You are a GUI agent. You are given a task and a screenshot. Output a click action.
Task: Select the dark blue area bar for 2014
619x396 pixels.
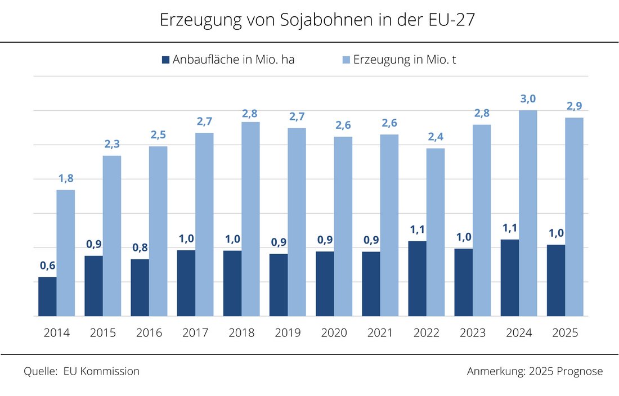click(47, 296)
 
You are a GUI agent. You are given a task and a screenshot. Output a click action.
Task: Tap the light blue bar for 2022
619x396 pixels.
click(436, 232)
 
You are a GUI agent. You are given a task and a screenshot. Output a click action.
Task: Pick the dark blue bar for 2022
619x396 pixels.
click(417, 278)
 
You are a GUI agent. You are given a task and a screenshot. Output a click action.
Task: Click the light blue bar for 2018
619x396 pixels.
click(250, 219)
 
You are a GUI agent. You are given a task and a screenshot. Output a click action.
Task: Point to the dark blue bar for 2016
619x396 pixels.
click(140, 287)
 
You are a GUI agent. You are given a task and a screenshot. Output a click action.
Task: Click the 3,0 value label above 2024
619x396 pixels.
click(528, 99)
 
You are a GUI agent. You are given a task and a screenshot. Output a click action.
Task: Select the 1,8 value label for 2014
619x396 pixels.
click(66, 179)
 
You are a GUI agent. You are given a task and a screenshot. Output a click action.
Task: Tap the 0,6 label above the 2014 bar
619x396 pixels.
click(47, 265)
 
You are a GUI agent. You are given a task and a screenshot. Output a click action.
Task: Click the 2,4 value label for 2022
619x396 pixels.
click(436, 137)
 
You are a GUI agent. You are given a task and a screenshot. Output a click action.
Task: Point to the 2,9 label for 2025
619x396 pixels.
click(574, 106)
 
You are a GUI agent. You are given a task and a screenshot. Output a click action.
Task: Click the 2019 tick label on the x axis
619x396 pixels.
click(288, 333)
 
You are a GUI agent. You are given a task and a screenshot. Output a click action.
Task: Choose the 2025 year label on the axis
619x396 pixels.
click(565, 333)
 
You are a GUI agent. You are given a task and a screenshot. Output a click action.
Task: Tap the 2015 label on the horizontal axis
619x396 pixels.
click(103, 333)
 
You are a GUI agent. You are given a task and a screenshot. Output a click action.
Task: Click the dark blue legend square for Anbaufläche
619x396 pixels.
click(165, 60)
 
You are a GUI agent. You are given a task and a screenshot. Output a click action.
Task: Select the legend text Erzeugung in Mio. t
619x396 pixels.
click(404, 60)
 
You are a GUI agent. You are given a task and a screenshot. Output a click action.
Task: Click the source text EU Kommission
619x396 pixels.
click(101, 371)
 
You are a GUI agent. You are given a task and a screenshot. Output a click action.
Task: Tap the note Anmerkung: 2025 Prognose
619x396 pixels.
click(535, 371)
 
